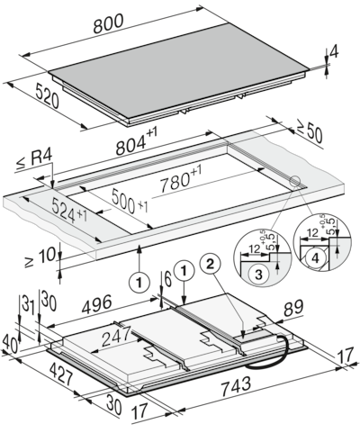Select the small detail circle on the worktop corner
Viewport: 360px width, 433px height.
click(x=293, y=181)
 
